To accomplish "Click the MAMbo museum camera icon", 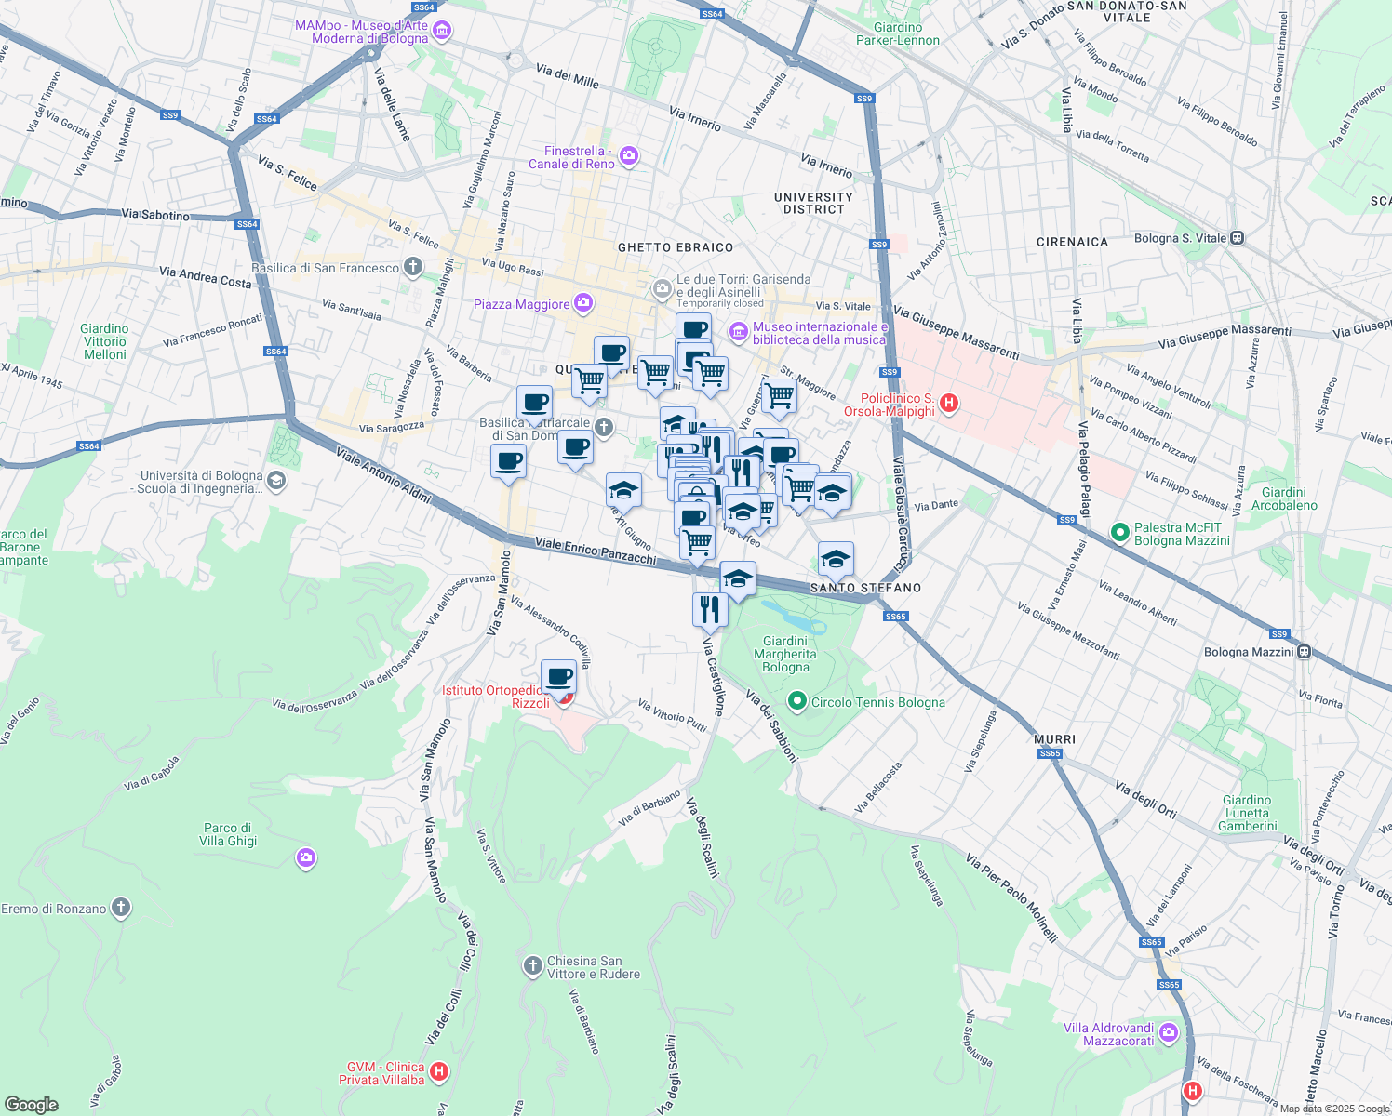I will coord(443,32).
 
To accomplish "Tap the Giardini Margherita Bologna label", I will coord(785,654).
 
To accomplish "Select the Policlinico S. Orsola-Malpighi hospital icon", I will coord(949,404).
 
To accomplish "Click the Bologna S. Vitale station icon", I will coord(1237,238).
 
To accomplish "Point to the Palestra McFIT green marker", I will coord(1120,534).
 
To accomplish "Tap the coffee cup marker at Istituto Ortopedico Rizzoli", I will coord(558,678).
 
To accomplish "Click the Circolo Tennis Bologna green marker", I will coord(796,702).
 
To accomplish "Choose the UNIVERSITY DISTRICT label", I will coord(813,203).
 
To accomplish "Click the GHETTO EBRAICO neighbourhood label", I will coord(676,247).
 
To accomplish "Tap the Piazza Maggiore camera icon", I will coord(583,303).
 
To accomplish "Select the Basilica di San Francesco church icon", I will coord(412,268).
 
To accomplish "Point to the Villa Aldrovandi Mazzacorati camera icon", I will coord(1169,1032).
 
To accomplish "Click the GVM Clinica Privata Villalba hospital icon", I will coord(439,1072).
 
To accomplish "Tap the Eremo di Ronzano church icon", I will coord(120,908).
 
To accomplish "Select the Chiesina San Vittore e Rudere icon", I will coord(533,966).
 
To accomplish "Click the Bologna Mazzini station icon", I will coord(1305,651).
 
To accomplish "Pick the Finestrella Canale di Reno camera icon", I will coord(629,156).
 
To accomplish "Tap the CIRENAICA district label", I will coord(1072,242).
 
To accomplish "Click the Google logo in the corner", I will coord(31,1104).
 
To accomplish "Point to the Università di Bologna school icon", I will coord(275,481).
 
